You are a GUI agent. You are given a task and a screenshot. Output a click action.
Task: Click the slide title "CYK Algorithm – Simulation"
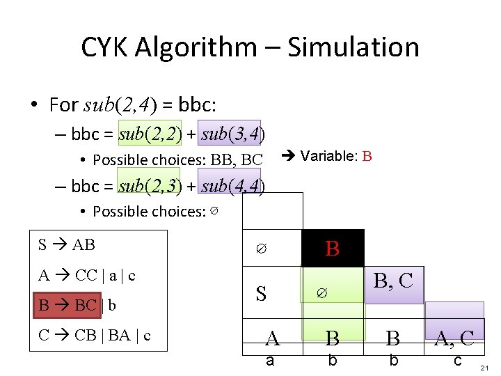[250, 47]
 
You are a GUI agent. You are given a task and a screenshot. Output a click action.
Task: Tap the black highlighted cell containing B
[333, 249]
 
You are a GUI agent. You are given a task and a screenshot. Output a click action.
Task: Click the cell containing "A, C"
[454, 338]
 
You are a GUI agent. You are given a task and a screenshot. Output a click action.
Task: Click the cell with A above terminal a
[272, 338]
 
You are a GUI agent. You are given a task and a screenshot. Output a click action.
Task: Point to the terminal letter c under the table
[456, 361]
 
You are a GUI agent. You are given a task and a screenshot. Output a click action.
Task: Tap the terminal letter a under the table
[270, 361]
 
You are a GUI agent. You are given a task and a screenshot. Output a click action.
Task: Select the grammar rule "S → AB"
[67, 244]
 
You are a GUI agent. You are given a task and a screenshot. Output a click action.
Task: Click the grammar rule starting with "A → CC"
[87, 275]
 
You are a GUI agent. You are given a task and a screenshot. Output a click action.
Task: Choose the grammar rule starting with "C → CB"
[95, 335]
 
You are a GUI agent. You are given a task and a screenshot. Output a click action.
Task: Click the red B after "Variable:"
[367, 156]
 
